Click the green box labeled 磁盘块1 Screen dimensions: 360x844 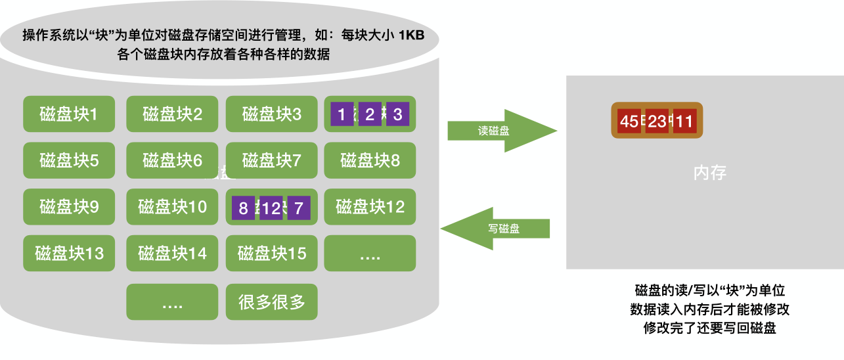point(69,114)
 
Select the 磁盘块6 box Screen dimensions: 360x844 point(172,160)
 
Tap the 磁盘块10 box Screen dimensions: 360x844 point(172,208)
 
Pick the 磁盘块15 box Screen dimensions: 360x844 point(271,253)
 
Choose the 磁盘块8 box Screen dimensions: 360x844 point(370,160)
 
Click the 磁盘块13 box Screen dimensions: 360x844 point(69,253)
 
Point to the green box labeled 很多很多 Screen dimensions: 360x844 point(271,302)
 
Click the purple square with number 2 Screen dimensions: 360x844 point(369,115)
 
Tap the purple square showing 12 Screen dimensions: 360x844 point(271,209)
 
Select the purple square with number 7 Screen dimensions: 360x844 point(299,209)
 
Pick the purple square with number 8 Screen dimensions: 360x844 point(243,209)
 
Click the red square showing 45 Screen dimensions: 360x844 point(629,122)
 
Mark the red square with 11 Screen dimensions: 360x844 point(684,122)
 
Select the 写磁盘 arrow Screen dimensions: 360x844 point(499,229)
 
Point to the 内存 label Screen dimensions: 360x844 point(710,173)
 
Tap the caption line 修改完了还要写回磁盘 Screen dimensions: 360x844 point(710,328)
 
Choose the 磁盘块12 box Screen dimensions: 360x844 point(370,208)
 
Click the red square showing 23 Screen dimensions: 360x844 point(656,122)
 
